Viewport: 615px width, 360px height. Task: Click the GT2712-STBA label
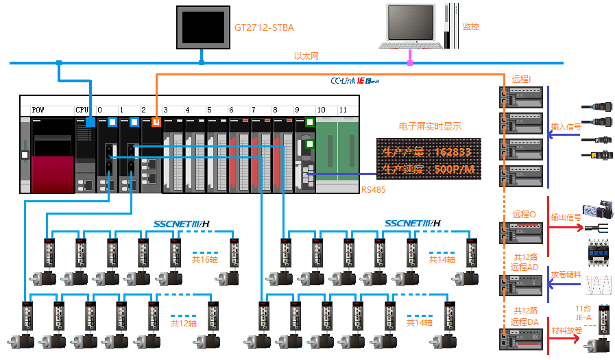pyautogui.click(x=264, y=27)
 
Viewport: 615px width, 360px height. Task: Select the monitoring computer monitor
pyautogui.click(x=410, y=23)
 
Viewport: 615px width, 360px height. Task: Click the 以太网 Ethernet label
pyautogui.click(x=306, y=56)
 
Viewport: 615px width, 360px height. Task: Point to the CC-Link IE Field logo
pyautogui.click(x=354, y=80)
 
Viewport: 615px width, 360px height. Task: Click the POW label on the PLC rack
pyautogui.click(x=38, y=110)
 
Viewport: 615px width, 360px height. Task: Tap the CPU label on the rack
pyautogui.click(x=82, y=110)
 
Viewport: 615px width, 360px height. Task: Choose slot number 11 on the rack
pyautogui.click(x=343, y=110)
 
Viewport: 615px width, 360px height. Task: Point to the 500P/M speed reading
pyautogui.click(x=455, y=169)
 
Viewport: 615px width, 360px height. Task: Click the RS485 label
pyautogui.click(x=374, y=190)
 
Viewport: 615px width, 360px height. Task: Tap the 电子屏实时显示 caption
pyautogui.click(x=430, y=126)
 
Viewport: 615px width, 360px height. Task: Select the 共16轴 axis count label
pyautogui.click(x=204, y=260)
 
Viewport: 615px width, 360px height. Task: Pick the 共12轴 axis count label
pyautogui.click(x=183, y=323)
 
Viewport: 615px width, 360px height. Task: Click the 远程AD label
pyautogui.click(x=524, y=267)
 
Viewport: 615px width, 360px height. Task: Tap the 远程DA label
pyautogui.click(x=524, y=322)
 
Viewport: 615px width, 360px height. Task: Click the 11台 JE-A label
pyautogui.click(x=583, y=313)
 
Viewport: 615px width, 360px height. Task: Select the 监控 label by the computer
pyautogui.click(x=470, y=27)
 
